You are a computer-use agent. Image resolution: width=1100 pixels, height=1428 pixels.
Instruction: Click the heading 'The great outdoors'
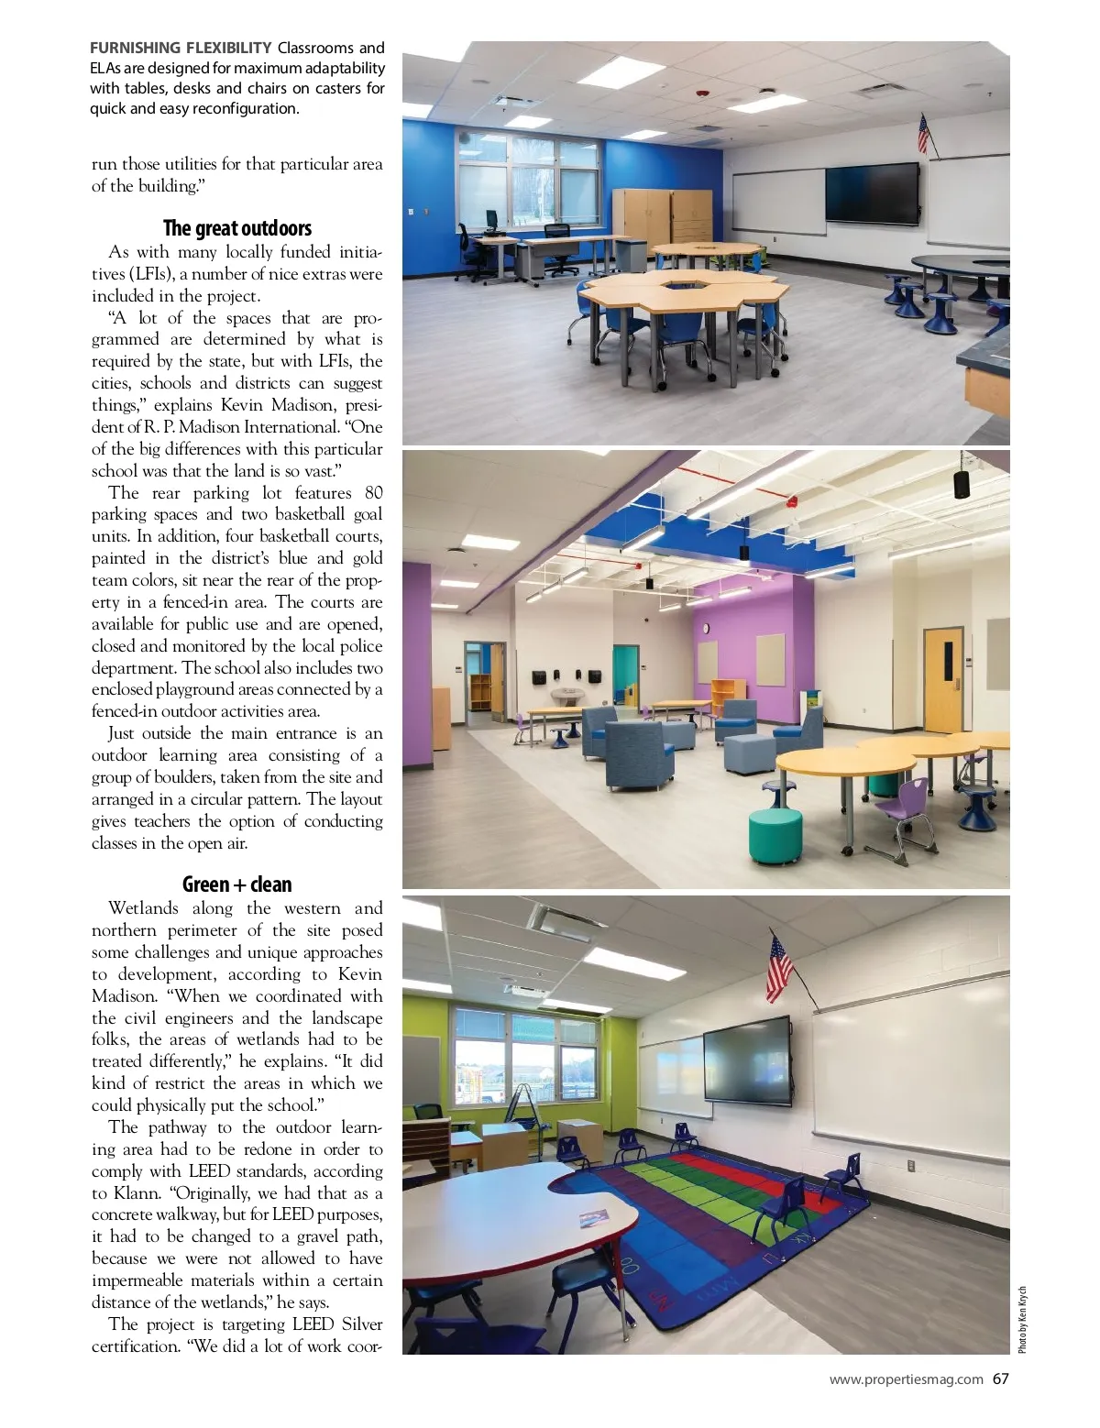click(237, 228)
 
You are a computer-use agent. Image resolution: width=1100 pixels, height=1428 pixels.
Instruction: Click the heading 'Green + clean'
click(237, 884)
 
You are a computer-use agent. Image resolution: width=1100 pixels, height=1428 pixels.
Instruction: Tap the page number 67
click(1000, 1379)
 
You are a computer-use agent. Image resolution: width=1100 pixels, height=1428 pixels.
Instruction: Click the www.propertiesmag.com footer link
click(906, 1379)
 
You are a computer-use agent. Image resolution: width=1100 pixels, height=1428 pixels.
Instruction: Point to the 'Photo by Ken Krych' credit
click(1023, 1320)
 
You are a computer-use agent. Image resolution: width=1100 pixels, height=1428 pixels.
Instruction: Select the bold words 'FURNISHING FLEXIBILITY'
click(181, 48)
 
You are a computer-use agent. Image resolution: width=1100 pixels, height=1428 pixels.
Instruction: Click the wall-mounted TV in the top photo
click(873, 193)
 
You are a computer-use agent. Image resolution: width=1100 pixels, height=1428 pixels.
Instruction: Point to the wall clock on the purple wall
click(707, 628)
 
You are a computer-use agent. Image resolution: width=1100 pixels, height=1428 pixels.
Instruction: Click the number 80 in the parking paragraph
click(374, 492)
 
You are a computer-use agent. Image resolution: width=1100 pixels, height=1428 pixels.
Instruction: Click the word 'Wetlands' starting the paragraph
click(143, 908)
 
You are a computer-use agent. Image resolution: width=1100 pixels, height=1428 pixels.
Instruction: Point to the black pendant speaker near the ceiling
click(962, 483)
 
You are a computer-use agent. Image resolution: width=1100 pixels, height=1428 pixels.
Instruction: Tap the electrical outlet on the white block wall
click(910, 1165)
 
